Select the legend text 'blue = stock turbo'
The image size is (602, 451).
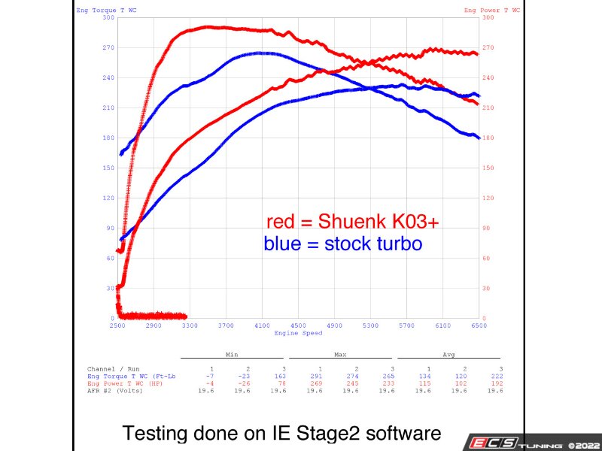click(343, 244)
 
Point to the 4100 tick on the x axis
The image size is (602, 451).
click(262, 325)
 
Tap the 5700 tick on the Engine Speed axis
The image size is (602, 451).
click(406, 325)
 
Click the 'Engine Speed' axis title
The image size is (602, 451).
click(298, 333)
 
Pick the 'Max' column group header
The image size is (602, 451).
click(341, 353)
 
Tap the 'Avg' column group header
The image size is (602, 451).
click(449, 353)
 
